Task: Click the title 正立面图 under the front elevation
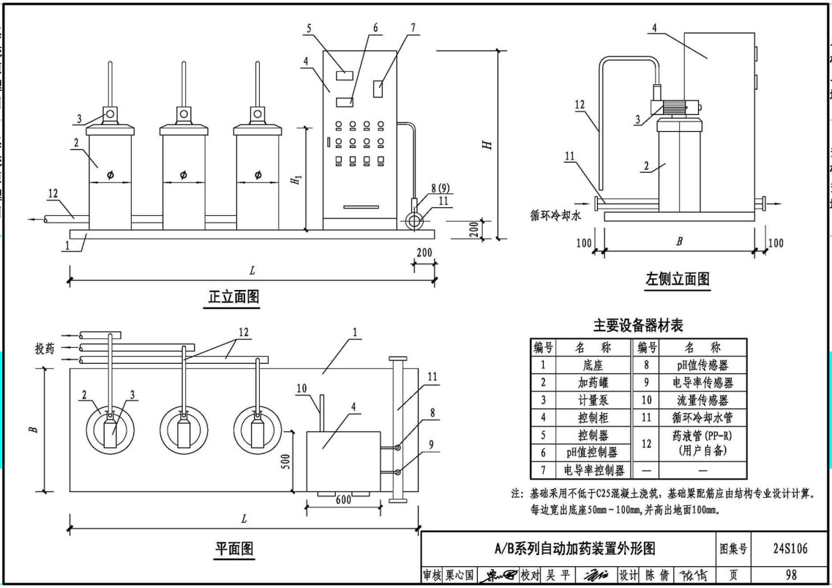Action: click(x=233, y=297)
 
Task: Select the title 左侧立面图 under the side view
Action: click(x=677, y=278)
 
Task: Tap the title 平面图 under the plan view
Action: click(x=233, y=548)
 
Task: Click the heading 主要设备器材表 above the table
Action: click(x=638, y=325)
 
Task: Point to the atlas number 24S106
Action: click(x=790, y=548)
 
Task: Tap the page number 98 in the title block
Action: click(x=790, y=576)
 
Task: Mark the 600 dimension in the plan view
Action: click(x=343, y=500)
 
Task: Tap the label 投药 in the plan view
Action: click(x=45, y=348)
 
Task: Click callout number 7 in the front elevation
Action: click(x=413, y=28)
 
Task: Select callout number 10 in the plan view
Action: click(x=300, y=387)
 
